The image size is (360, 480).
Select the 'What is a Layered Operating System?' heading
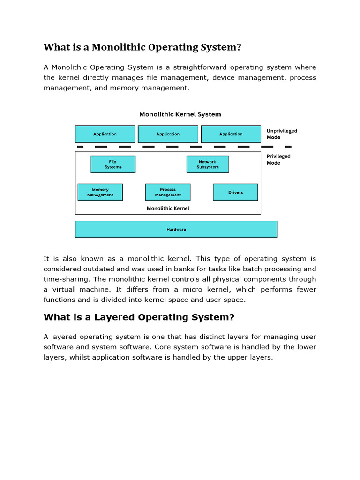pos(139,317)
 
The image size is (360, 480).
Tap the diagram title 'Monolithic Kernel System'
pos(180,114)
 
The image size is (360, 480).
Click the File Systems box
pos(113,164)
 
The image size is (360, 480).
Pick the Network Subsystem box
pos(208,164)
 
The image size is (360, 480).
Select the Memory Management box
pos(100,192)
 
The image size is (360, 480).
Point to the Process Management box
pos(168,192)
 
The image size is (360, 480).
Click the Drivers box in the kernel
pos(235,192)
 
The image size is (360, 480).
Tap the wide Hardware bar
pos(176,229)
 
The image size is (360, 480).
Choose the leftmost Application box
pos(105,134)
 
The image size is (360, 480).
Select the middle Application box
pos(168,134)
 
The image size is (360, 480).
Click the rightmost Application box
pos(231,134)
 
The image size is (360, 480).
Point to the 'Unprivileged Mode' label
pos(282,134)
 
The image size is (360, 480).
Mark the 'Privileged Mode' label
pos(278,159)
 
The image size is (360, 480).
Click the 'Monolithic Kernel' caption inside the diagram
pos(168,208)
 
